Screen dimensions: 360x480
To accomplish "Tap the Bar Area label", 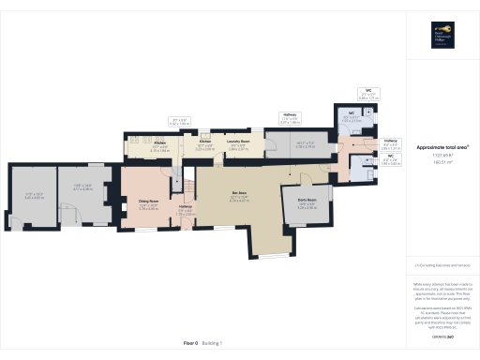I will coord(239,197).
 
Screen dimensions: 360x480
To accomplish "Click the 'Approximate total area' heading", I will coord(442,148).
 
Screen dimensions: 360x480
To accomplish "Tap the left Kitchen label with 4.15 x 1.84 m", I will coord(160,147).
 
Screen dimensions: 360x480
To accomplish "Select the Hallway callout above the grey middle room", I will coord(291,120).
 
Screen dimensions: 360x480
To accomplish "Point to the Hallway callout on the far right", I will coord(390,146).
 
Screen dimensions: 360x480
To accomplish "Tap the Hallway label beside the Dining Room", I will coord(185,211).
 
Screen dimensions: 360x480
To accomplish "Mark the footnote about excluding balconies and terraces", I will coord(442,265).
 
